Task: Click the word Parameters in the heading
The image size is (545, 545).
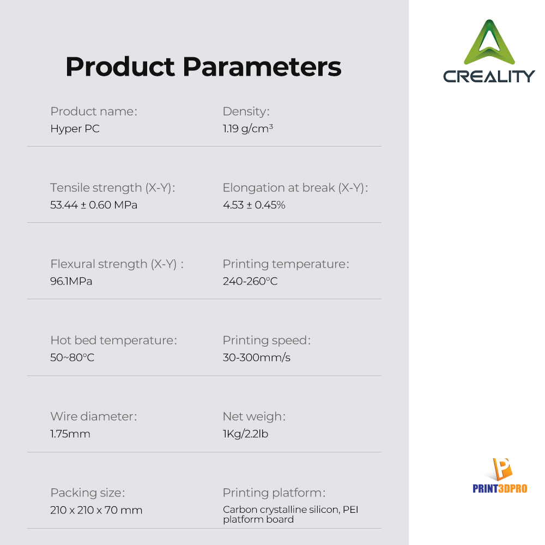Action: click(262, 66)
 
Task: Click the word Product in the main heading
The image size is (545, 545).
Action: click(120, 66)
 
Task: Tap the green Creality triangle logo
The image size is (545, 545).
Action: click(489, 43)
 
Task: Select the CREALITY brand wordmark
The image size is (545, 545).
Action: click(489, 76)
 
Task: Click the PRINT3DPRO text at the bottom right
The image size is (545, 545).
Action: click(500, 489)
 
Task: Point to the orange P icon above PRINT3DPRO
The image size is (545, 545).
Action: click(502, 469)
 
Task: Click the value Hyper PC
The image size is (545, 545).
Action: click(75, 129)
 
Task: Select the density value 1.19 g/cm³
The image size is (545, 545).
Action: click(248, 129)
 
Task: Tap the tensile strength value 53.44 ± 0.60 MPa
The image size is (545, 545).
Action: click(94, 205)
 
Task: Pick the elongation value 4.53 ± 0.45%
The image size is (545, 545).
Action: click(254, 205)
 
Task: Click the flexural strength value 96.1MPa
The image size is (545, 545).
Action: click(71, 281)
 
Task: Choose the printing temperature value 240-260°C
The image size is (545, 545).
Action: click(250, 281)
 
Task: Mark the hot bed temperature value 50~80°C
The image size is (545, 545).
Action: click(72, 358)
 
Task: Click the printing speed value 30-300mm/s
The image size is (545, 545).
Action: click(257, 358)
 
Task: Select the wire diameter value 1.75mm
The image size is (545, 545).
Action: click(70, 434)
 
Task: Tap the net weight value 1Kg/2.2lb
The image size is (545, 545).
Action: click(245, 434)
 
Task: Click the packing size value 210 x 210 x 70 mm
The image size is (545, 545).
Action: click(96, 510)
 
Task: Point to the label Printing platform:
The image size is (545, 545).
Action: click(274, 493)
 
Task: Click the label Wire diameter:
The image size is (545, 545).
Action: click(94, 416)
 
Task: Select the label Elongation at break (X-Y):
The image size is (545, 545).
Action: click(295, 187)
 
